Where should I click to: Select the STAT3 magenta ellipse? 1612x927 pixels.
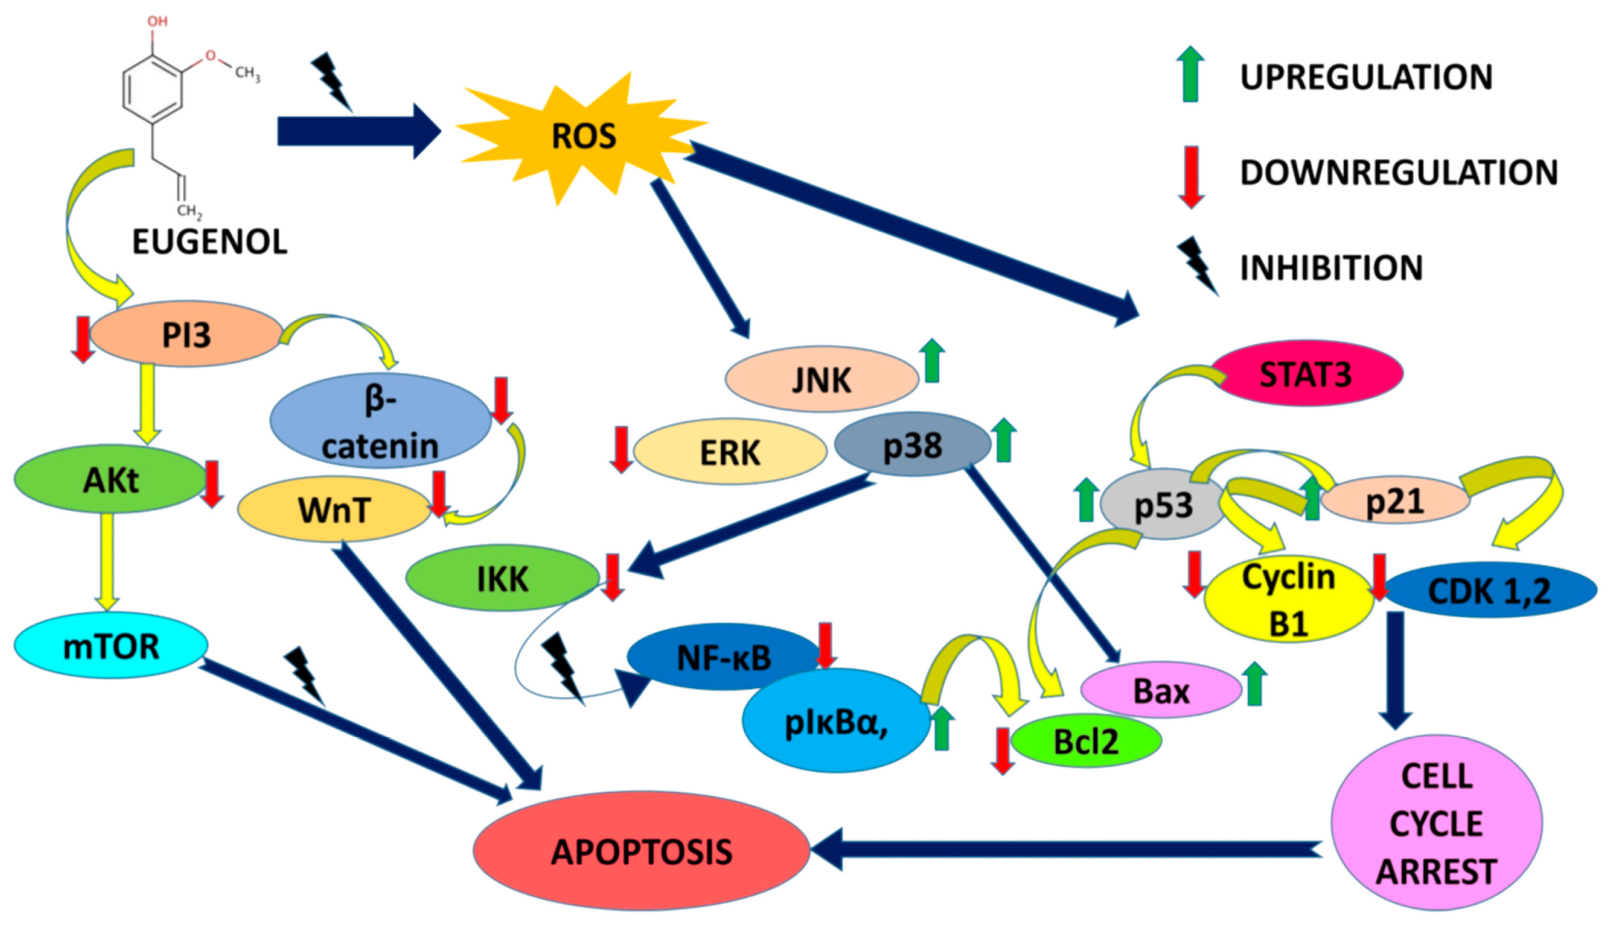pyautogui.click(x=1306, y=374)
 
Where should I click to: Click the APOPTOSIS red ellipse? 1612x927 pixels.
pyautogui.click(x=641, y=851)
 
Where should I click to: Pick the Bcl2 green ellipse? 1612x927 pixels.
pyautogui.click(x=1086, y=741)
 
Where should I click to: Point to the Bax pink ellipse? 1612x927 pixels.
pyautogui.click(x=1161, y=691)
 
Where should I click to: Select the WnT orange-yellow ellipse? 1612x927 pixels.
pyautogui.click(x=334, y=510)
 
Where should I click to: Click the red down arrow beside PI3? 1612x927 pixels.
pyautogui.click(x=83, y=339)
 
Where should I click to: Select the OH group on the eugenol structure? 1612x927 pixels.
pyautogui.click(x=157, y=21)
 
